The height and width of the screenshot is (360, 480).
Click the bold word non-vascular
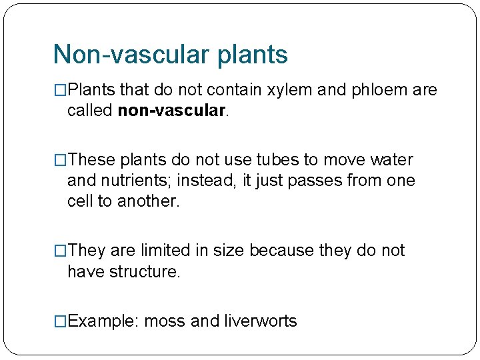172,110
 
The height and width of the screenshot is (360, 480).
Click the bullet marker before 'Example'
60,321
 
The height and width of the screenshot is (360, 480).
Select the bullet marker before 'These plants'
60,160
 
